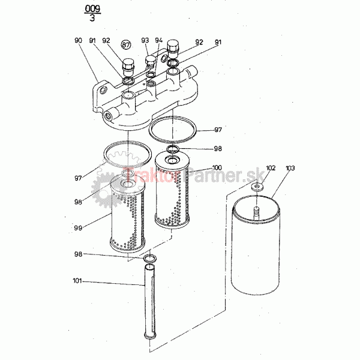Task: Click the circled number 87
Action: (126, 44)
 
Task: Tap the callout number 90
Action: (78, 40)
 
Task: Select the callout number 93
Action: (145, 40)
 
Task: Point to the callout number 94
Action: (158, 40)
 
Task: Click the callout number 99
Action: (78, 228)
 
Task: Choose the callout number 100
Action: (217, 167)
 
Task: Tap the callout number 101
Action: (77, 281)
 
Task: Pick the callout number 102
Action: (271, 168)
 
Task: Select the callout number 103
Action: (290, 168)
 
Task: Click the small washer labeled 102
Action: (257, 186)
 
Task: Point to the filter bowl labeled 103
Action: (256, 245)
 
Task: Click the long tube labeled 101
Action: (149, 301)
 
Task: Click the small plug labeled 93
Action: (151, 62)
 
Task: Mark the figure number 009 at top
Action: (92, 9)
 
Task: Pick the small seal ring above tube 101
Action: (150, 259)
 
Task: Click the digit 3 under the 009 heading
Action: (92, 17)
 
